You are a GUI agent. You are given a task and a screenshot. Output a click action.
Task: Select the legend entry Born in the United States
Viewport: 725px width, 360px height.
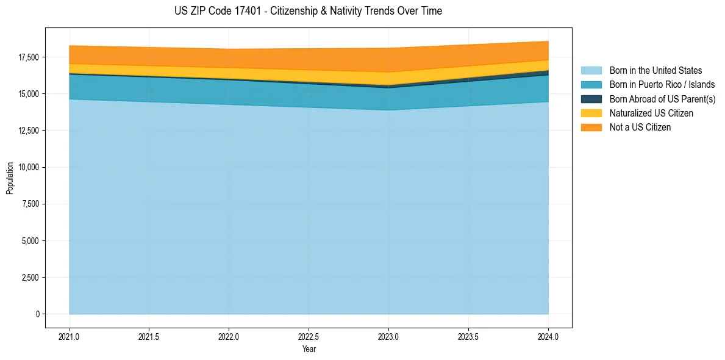[x=655, y=71]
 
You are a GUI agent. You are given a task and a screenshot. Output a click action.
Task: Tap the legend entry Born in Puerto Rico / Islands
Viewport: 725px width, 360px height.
[x=662, y=85]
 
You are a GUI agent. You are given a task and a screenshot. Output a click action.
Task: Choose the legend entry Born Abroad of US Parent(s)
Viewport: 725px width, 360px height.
[x=662, y=99]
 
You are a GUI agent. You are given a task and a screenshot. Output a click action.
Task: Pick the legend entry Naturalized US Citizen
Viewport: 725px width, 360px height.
[x=651, y=113]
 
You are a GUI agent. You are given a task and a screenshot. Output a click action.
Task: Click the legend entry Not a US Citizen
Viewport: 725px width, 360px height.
[x=640, y=127]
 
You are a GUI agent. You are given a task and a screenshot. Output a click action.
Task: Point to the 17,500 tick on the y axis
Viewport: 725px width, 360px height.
[x=29, y=57]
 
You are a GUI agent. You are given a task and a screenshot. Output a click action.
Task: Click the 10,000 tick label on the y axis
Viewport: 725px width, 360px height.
[x=29, y=167]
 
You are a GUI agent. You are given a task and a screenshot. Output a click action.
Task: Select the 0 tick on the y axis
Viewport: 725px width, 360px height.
[x=37, y=314]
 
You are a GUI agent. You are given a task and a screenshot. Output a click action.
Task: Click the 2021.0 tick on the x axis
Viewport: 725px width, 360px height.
[x=70, y=336]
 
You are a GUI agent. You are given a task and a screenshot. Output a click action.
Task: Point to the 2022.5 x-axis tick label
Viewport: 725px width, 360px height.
[x=309, y=336]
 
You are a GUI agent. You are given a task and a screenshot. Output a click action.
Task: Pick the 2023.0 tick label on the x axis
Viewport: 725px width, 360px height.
[x=388, y=336]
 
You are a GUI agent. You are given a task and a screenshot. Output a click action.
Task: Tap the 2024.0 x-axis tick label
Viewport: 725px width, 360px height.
[x=548, y=336]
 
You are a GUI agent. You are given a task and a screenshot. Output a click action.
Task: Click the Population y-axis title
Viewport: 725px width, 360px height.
[x=10, y=178]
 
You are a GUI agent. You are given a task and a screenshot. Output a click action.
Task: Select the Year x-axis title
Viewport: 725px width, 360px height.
[x=309, y=349]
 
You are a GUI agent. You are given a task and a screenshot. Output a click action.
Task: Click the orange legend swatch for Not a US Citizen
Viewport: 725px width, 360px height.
[x=591, y=127]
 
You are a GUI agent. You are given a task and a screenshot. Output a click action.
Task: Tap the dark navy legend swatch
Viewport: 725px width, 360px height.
[x=591, y=99]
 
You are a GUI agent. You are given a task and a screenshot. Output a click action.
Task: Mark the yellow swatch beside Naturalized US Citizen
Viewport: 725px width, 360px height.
[x=591, y=113]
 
